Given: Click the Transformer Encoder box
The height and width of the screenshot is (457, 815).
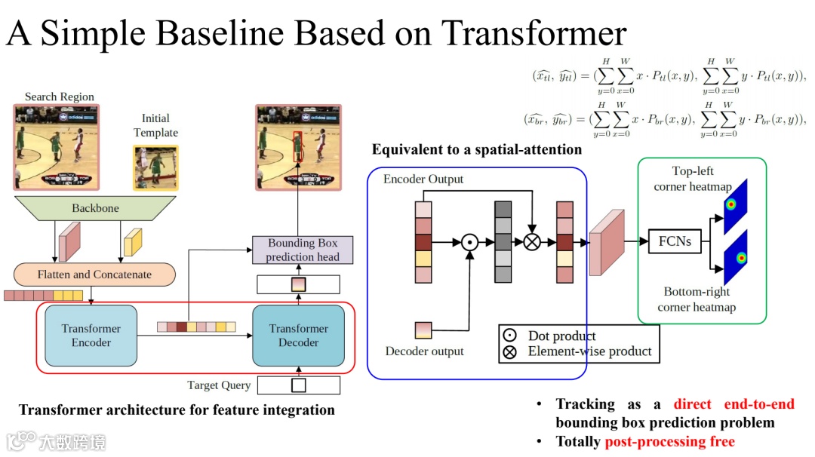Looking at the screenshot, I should click(x=91, y=336).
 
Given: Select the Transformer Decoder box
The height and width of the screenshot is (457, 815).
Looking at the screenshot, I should click(x=299, y=336).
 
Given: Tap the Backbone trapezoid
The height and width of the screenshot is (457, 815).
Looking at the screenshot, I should click(x=95, y=208).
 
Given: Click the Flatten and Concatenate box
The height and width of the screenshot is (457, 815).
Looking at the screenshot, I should click(x=95, y=275).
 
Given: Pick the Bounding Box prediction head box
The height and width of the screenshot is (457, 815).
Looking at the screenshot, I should click(x=303, y=250).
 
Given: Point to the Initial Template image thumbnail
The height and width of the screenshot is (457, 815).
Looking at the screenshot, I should click(x=156, y=168).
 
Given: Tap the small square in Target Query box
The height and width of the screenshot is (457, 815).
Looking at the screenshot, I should click(x=299, y=385).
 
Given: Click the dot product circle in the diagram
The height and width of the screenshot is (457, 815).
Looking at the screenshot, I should click(x=469, y=242).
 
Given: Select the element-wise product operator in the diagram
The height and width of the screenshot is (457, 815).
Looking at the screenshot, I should click(x=532, y=242).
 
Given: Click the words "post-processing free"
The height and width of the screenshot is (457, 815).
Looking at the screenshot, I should click(x=669, y=441).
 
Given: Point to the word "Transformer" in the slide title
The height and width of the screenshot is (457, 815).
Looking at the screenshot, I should click(x=534, y=33).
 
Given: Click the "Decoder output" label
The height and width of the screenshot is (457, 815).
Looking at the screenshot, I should click(x=425, y=351).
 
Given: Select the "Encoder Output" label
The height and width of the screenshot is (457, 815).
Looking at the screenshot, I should click(x=423, y=179).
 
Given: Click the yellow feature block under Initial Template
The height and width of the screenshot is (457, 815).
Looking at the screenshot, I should click(x=133, y=241).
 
